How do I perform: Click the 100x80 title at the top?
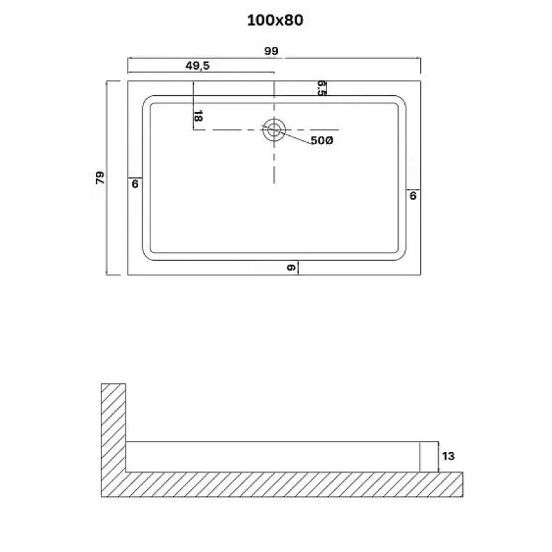pyautogui.click(x=275, y=20)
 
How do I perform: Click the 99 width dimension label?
pyautogui.click(x=271, y=51)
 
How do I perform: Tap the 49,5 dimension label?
pyautogui.click(x=197, y=66)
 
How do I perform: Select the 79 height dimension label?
pyautogui.click(x=100, y=178)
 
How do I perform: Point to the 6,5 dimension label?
pyautogui.click(x=322, y=88)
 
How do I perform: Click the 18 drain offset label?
pyautogui.click(x=198, y=116)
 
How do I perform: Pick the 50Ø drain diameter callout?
pyautogui.click(x=322, y=141)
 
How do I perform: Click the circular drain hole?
pyautogui.click(x=274, y=130)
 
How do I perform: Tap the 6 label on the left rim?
pyautogui.click(x=135, y=184)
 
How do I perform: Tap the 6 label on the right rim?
pyautogui.click(x=413, y=196)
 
